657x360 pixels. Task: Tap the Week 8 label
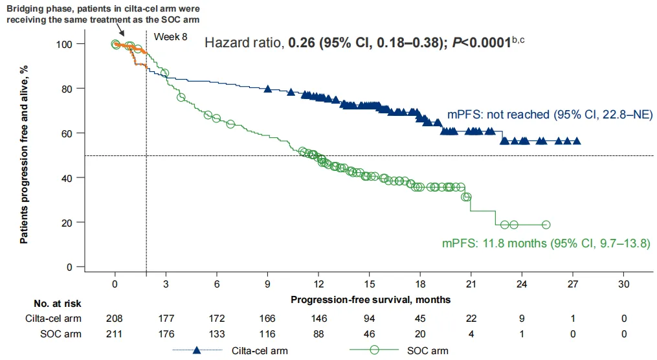click(x=170, y=37)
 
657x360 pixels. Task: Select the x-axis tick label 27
click(x=573, y=284)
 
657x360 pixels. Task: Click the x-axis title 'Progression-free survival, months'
click(x=370, y=300)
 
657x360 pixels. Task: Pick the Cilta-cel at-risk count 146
click(x=318, y=319)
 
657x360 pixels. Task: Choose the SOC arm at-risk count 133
click(x=216, y=334)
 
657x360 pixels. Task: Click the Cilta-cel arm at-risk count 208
click(x=115, y=319)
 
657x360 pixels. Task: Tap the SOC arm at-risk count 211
click(x=115, y=334)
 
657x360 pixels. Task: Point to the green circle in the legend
click(x=373, y=351)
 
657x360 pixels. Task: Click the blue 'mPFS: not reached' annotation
click(x=549, y=115)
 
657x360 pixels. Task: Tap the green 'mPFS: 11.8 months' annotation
click(x=546, y=244)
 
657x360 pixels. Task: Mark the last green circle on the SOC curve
click(x=546, y=225)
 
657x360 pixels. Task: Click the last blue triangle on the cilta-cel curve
click(x=577, y=141)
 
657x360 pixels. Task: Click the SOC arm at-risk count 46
click(x=369, y=334)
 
